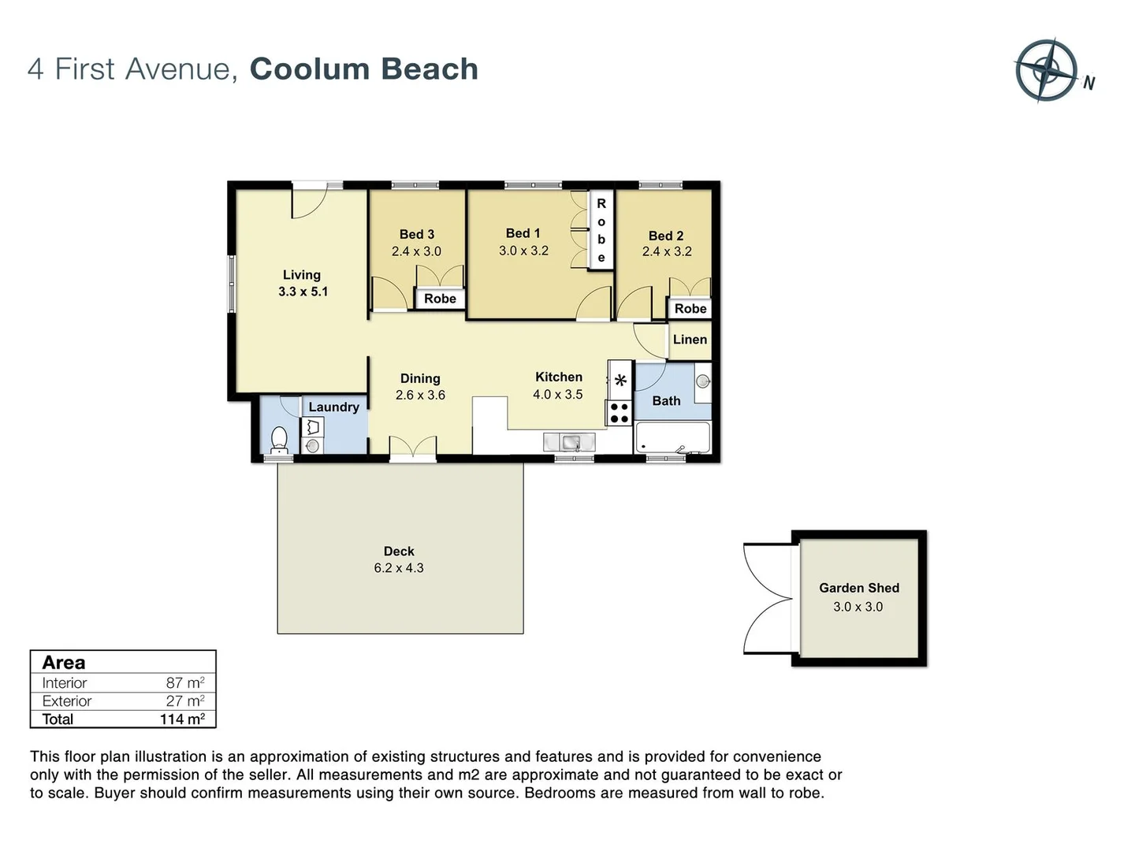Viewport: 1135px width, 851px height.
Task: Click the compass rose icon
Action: coord(1046,69)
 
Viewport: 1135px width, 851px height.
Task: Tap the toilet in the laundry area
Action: coord(279,439)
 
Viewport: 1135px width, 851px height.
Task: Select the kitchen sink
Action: coord(570,442)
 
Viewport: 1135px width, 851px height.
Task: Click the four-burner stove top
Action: coord(620,413)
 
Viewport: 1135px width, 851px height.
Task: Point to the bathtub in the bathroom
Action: coord(672,437)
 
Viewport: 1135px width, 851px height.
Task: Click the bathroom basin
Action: coord(702,382)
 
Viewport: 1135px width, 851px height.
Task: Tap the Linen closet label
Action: coord(690,340)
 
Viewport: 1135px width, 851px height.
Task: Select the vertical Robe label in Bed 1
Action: coord(601,230)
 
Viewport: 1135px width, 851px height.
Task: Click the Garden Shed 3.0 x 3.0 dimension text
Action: coord(858,607)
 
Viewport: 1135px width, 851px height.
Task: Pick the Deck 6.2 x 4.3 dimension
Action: coord(398,568)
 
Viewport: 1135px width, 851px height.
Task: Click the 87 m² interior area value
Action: coord(185,683)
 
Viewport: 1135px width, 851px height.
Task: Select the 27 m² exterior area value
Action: coord(185,701)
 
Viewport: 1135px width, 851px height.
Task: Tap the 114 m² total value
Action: coord(182,719)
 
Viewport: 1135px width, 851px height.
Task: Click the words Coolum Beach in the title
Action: coord(363,69)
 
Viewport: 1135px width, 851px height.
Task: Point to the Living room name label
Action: coord(302,275)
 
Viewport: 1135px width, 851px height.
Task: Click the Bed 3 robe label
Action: coord(440,299)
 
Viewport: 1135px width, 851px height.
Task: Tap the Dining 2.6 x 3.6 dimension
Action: coord(420,396)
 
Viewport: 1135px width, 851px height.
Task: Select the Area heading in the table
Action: coord(64,663)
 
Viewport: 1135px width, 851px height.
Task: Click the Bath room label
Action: coord(666,401)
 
